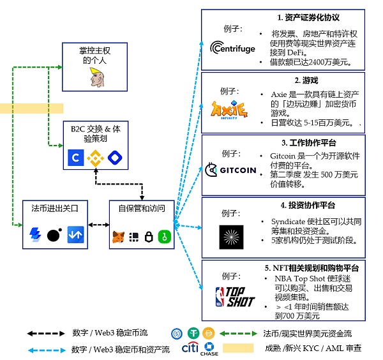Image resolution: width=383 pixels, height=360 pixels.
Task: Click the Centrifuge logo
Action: click(x=234, y=48)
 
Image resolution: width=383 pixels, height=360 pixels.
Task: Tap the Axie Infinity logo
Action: click(x=229, y=110)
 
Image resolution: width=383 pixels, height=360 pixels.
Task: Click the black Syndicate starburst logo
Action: click(x=231, y=237)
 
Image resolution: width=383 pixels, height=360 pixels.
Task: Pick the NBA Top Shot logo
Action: click(x=234, y=297)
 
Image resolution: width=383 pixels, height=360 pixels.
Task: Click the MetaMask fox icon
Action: click(x=119, y=237)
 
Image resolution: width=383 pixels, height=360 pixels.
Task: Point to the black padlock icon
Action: click(x=149, y=237)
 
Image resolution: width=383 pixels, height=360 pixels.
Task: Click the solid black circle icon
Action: click(x=54, y=235)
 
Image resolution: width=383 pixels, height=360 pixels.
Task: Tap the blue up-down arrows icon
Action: click(x=75, y=235)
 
